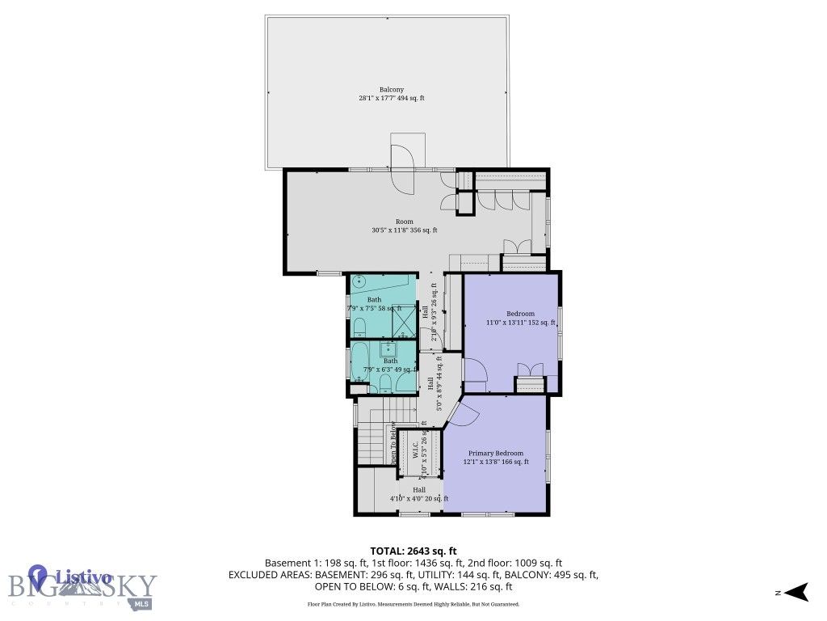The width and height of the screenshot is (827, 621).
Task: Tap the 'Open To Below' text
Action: click(x=394, y=443)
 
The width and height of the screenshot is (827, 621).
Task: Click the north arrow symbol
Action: click(x=798, y=593)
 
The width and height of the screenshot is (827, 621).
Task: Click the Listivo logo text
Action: click(x=82, y=577)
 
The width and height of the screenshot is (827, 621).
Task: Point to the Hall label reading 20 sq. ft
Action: click(x=418, y=494)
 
